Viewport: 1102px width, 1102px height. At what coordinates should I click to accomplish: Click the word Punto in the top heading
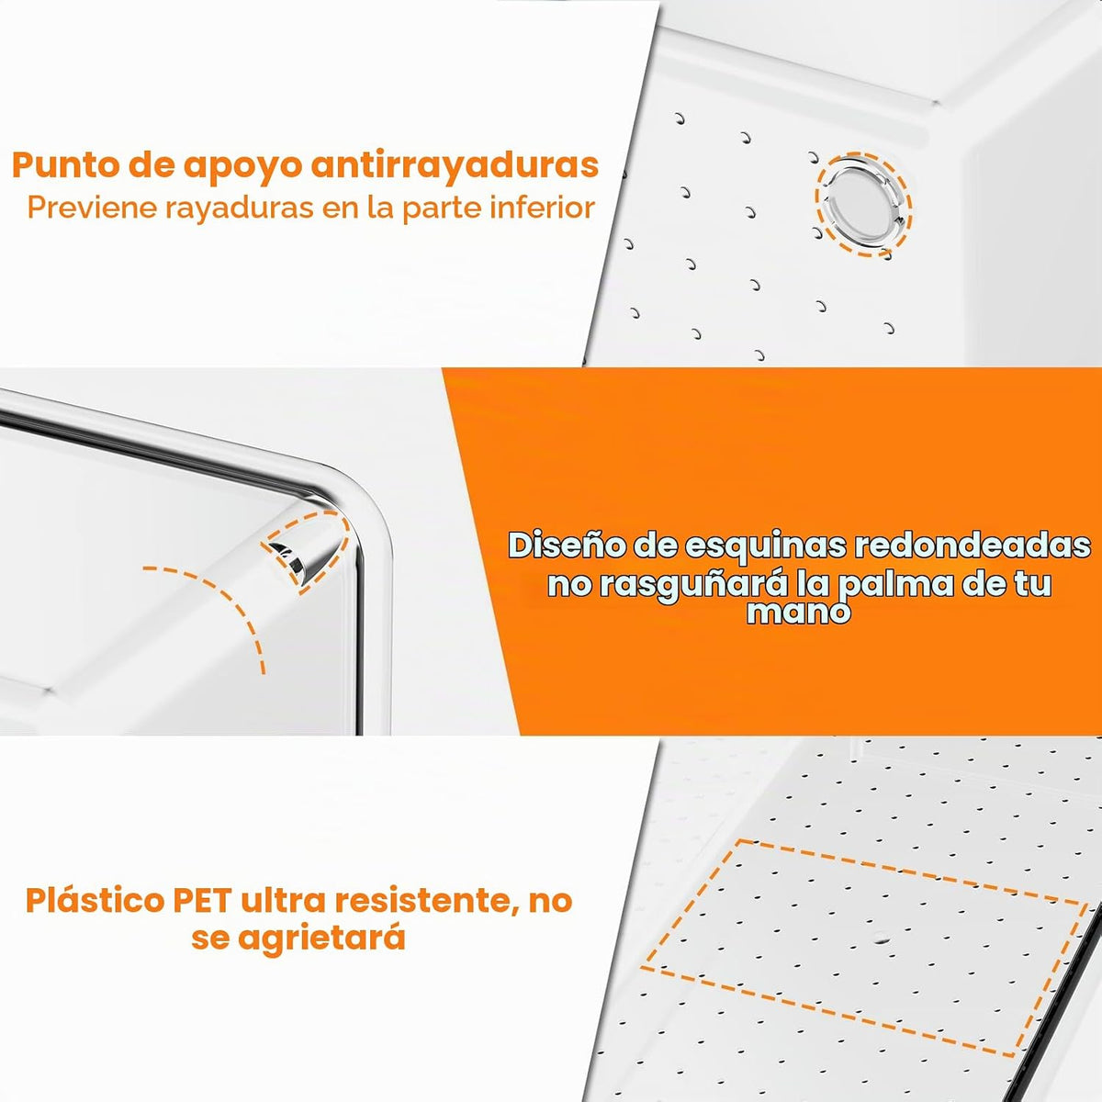pyautogui.click(x=64, y=164)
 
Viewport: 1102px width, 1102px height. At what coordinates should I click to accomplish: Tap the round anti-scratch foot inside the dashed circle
pyautogui.click(x=863, y=204)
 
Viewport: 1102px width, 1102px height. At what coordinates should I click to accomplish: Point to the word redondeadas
pyautogui.click(x=973, y=545)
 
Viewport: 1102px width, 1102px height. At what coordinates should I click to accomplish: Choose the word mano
pyautogui.click(x=798, y=612)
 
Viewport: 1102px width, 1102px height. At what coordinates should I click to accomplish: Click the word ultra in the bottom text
pyautogui.click(x=283, y=900)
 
